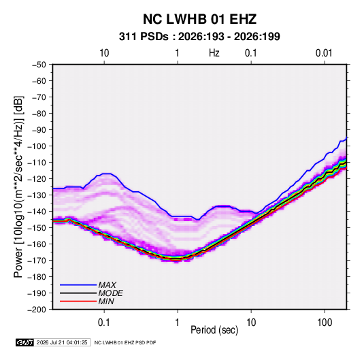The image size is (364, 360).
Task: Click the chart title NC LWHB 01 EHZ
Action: [x=199, y=19]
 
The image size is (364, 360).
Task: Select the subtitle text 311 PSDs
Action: [x=144, y=37]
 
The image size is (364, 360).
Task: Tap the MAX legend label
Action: [x=107, y=285]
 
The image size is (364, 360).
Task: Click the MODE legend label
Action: [x=110, y=293]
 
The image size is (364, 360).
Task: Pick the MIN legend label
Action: [x=106, y=301]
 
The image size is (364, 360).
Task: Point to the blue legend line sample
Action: [x=78, y=285]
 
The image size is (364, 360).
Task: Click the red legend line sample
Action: [x=78, y=301]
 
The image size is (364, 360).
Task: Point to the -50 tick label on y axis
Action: [x=39, y=65]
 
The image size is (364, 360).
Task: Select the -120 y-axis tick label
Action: [x=37, y=179]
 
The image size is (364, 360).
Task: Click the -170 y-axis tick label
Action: [x=37, y=261]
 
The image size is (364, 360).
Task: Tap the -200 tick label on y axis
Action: [x=37, y=310]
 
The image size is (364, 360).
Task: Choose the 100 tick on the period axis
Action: [x=325, y=323]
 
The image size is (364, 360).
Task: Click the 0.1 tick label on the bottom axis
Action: [x=104, y=323]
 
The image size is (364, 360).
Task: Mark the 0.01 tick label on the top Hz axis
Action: [x=324, y=53]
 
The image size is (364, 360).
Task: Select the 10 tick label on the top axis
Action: [x=104, y=53]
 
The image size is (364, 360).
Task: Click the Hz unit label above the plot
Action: [x=214, y=53]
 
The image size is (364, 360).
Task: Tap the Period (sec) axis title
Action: [x=214, y=330]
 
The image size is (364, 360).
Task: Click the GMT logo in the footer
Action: [x=24, y=342]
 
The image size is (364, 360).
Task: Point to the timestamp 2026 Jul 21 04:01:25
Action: [x=62, y=342]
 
